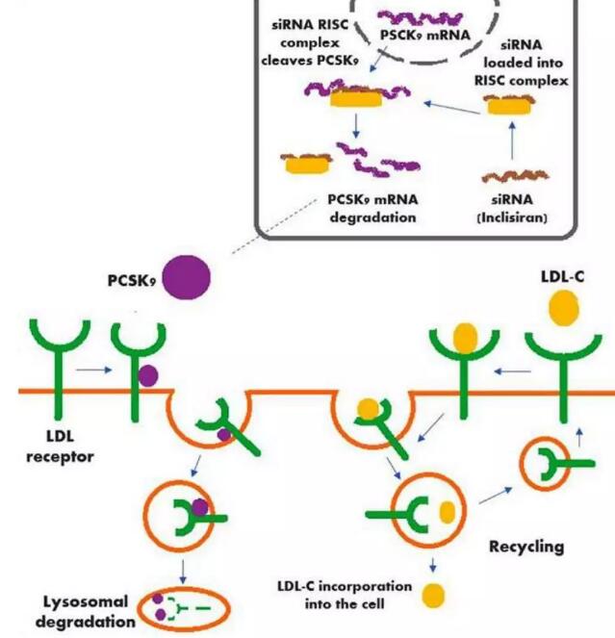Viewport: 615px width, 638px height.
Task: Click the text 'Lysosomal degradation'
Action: tap(86, 611)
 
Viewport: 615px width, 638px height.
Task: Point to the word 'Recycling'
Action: tap(526, 547)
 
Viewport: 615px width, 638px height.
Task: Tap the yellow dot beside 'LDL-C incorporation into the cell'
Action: tap(434, 594)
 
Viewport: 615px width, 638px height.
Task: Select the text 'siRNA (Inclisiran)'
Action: tap(511, 209)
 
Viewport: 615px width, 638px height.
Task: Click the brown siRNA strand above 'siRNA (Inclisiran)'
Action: tap(513, 177)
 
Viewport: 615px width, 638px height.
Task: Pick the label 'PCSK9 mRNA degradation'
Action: tap(368, 209)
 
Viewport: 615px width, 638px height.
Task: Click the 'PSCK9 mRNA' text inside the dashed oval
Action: tap(423, 37)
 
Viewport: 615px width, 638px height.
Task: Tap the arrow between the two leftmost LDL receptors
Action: tap(93, 368)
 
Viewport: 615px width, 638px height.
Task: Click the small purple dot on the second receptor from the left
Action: tap(147, 376)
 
